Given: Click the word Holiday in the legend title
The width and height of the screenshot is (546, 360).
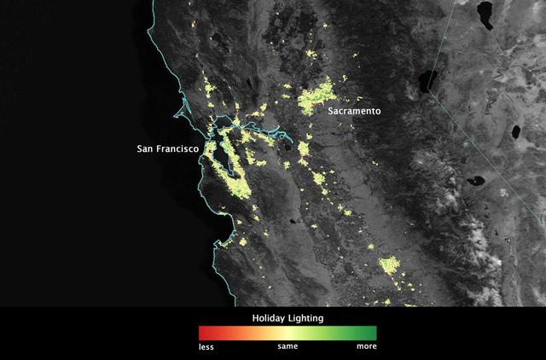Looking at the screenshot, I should point(268,317).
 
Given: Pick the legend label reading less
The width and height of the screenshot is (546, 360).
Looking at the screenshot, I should point(206,347).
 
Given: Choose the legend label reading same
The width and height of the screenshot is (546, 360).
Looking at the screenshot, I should point(288,347).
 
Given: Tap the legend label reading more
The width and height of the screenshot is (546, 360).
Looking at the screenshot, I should point(366,347).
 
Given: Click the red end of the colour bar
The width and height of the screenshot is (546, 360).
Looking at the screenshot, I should point(203,333).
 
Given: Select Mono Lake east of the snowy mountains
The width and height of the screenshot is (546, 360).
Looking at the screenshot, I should point(474,181).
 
